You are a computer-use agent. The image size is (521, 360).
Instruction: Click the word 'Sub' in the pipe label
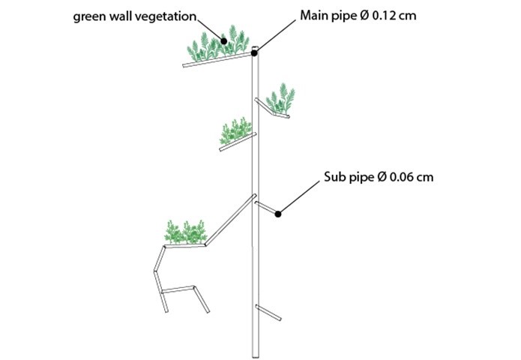334,178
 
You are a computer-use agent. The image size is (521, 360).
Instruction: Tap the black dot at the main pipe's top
255,54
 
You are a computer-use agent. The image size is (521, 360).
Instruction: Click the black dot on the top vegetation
223,40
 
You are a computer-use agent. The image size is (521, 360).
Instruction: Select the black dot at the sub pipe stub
278,214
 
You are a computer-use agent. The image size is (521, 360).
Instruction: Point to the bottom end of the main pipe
255,353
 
